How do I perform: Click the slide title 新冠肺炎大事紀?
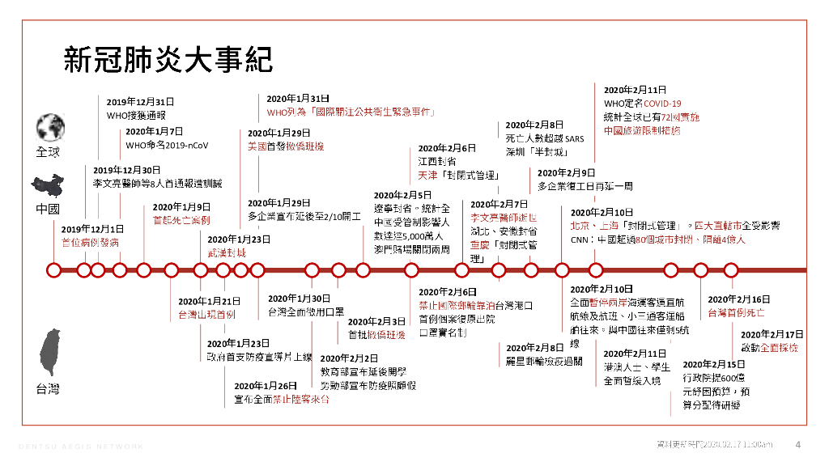(x=168, y=61)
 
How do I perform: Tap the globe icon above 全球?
(x=49, y=128)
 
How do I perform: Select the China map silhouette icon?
(x=48, y=185)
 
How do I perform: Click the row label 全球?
(x=48, y=152)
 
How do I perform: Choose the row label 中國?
(x=48, y=209)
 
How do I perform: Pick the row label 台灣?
(x=48, y=390)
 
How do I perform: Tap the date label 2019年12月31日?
(x=140, y=102)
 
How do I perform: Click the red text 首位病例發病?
(x=90, y=242)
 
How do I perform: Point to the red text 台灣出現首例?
(x=207, y=314)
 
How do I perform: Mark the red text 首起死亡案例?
(x=181, y=219)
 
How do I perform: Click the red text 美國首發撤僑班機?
(x=286, y=146)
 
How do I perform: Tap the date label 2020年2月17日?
(x=772, y=334)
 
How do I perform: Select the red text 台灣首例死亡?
(x=737, y=312)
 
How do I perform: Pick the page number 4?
(x=798, y=444)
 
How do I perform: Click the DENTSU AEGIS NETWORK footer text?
(x=81, y=446)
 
